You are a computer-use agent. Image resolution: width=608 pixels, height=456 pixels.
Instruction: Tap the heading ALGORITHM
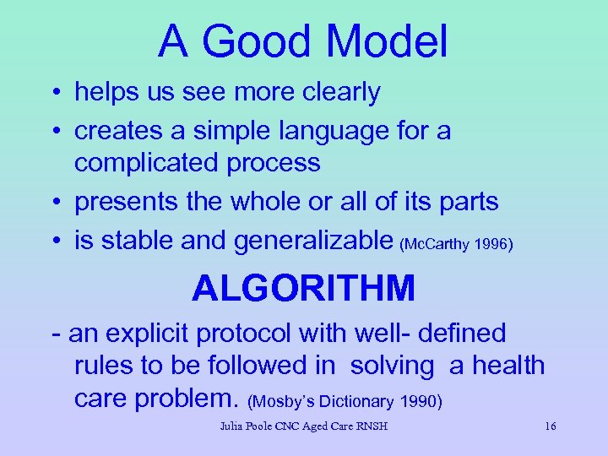point(304,289)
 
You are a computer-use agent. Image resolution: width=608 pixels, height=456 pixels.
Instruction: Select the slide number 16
point(550,426)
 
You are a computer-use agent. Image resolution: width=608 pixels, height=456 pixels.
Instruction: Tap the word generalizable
point(314,241)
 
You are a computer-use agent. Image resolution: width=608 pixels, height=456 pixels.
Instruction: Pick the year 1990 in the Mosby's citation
point(414,401)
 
